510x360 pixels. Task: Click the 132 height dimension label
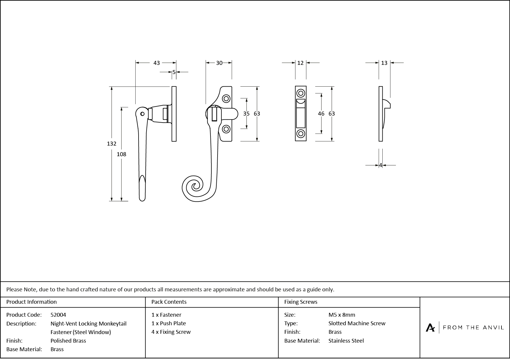coord(111,143)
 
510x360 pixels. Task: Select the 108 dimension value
coord(121,154)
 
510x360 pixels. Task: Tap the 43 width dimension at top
coord(157,63)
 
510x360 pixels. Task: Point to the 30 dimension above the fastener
coord(219,63)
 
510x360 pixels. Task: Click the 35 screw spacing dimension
coord(246,114)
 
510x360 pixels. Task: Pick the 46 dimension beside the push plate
coord(321,114)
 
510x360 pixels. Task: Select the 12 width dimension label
coord(300,63)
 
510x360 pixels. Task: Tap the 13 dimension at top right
coord(384,63)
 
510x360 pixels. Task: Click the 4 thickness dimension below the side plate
coord(381,165)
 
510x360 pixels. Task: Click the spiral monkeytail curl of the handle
coord(195,187)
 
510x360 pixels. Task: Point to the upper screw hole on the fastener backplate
coord(226,98)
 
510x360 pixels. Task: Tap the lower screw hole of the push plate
coord(301,134)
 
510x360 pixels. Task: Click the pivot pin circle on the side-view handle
coord(142,114)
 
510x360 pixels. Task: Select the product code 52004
coord(58,315)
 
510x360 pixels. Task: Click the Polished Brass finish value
coord(68,341)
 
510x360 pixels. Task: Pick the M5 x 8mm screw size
coord(341,315)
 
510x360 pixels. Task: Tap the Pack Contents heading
coord(169,302)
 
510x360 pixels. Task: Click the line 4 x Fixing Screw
coord(171,332)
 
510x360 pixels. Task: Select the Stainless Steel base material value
coord(346,341)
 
